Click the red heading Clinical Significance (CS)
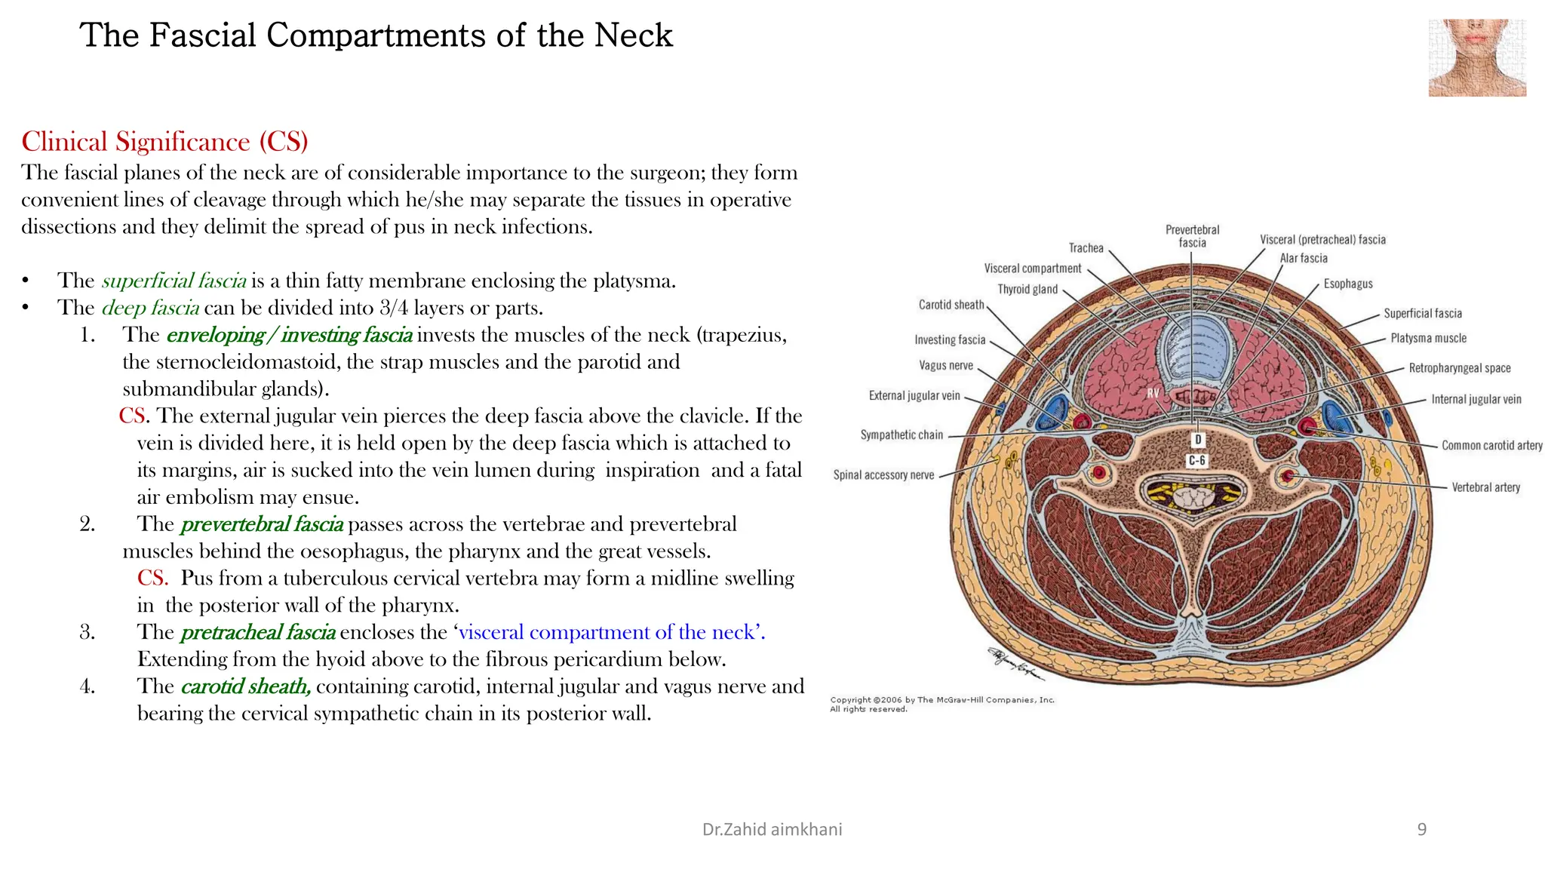tap(164, 142)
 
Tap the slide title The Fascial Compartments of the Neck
tap(376, 35)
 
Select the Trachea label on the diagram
tap(1086, 248)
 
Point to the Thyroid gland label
tap(1027, 290)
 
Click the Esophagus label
tap(1348, 284)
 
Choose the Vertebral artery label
tap(1485, 487)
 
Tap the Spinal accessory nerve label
tap(883, 475)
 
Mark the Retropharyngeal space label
tap(1459, 368)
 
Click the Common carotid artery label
tap(1491, 446)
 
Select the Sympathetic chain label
tap(902, 435)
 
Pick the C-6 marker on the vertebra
tap(1197, 460)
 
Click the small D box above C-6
tap(1198, 440)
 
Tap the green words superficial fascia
tap(174, 281)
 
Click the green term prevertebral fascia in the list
tap(262, 524)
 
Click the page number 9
tap(1421, 830)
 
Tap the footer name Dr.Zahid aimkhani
tap(772, 830)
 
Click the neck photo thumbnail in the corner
tap(1476, 58)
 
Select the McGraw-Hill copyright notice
tap(942, 704)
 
